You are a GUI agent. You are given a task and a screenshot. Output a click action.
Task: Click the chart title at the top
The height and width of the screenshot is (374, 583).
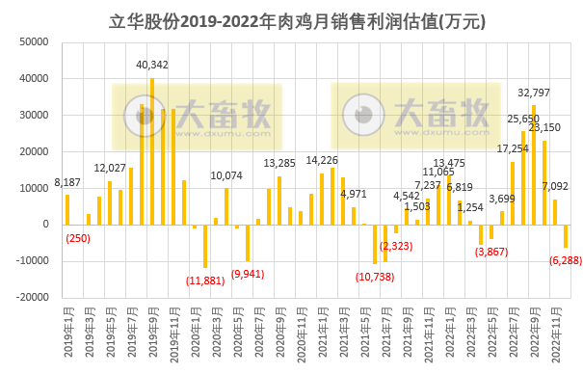[x=291, y=20]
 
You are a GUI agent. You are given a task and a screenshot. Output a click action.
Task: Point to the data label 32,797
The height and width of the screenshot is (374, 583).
[x=535, y=93]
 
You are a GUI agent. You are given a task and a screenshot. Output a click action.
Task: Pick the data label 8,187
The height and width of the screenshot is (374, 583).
[x=67, y=182]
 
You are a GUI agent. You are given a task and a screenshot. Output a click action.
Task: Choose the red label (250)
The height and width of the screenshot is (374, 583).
[x=78, y=238]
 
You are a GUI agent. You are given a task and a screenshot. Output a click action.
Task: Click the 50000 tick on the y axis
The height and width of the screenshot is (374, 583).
[x=35, y=42]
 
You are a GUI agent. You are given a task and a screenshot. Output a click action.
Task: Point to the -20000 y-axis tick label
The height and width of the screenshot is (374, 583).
[x=32, y=298]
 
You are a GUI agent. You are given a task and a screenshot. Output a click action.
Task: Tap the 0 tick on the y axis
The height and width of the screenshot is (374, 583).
[x=45, y=225]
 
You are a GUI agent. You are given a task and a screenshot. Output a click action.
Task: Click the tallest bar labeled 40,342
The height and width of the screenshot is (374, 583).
[x=152, y=151]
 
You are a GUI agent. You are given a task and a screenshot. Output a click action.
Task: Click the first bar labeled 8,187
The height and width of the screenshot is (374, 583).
[x=67, y=209]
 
